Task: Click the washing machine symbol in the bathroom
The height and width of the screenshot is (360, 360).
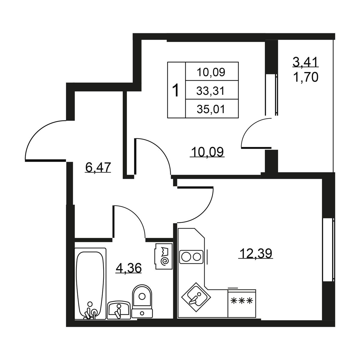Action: pyautogui.click(x=163, y=256)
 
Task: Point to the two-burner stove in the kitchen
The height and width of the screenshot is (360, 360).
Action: pyautogui.click(x=191, y=257)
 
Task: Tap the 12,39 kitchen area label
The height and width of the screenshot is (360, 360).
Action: pyautogui.click(x=256, y=253)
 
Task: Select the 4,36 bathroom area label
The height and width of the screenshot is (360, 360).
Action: pyautogui.click(x=128, y=268)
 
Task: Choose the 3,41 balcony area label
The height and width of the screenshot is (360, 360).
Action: pyautogui.click(x=305, y=62)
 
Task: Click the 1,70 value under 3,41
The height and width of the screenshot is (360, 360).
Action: pyautogui.click(x=306, y=77)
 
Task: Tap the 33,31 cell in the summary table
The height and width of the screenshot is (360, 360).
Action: pyautogui.click(x=210, y=91)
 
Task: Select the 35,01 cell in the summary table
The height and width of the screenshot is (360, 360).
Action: pyautogui.click(x=211, y=109)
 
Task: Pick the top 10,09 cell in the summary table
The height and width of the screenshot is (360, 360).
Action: pyautogui.click(x=211, y=72)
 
